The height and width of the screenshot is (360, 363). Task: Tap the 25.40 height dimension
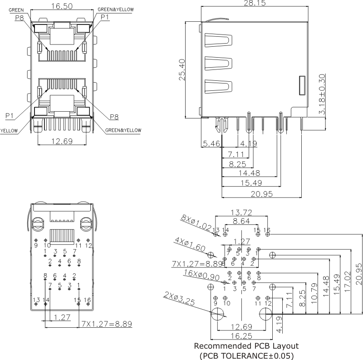point(182,69)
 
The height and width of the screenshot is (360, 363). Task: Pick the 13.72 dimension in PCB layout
point(241,212)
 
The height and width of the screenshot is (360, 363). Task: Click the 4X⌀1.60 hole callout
point(190,245)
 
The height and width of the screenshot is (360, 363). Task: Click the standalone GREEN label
point(16,10)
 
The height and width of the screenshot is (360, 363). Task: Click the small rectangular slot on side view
point(302,86)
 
